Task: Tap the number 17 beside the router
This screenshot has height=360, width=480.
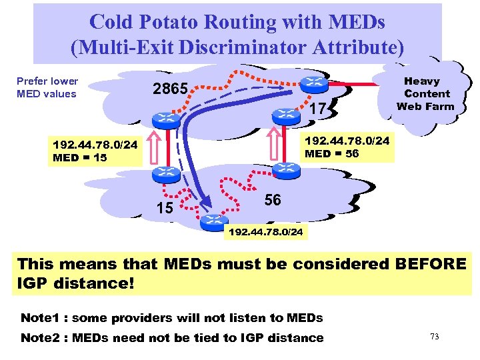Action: point(320,108)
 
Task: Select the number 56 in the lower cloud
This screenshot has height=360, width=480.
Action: point(272,200)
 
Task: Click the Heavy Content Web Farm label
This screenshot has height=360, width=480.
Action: point(427,93)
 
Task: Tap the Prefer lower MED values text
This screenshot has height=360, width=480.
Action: point(47,87)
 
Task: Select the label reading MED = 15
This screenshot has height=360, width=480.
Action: point(79,158)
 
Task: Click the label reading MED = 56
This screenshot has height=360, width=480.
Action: point(331,153)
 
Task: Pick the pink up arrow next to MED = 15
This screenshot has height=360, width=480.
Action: point(153,148)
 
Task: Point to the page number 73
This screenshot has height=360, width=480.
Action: point(435,337)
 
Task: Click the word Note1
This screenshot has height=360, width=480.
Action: point(40,317)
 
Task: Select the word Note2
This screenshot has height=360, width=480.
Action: point(40,338)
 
